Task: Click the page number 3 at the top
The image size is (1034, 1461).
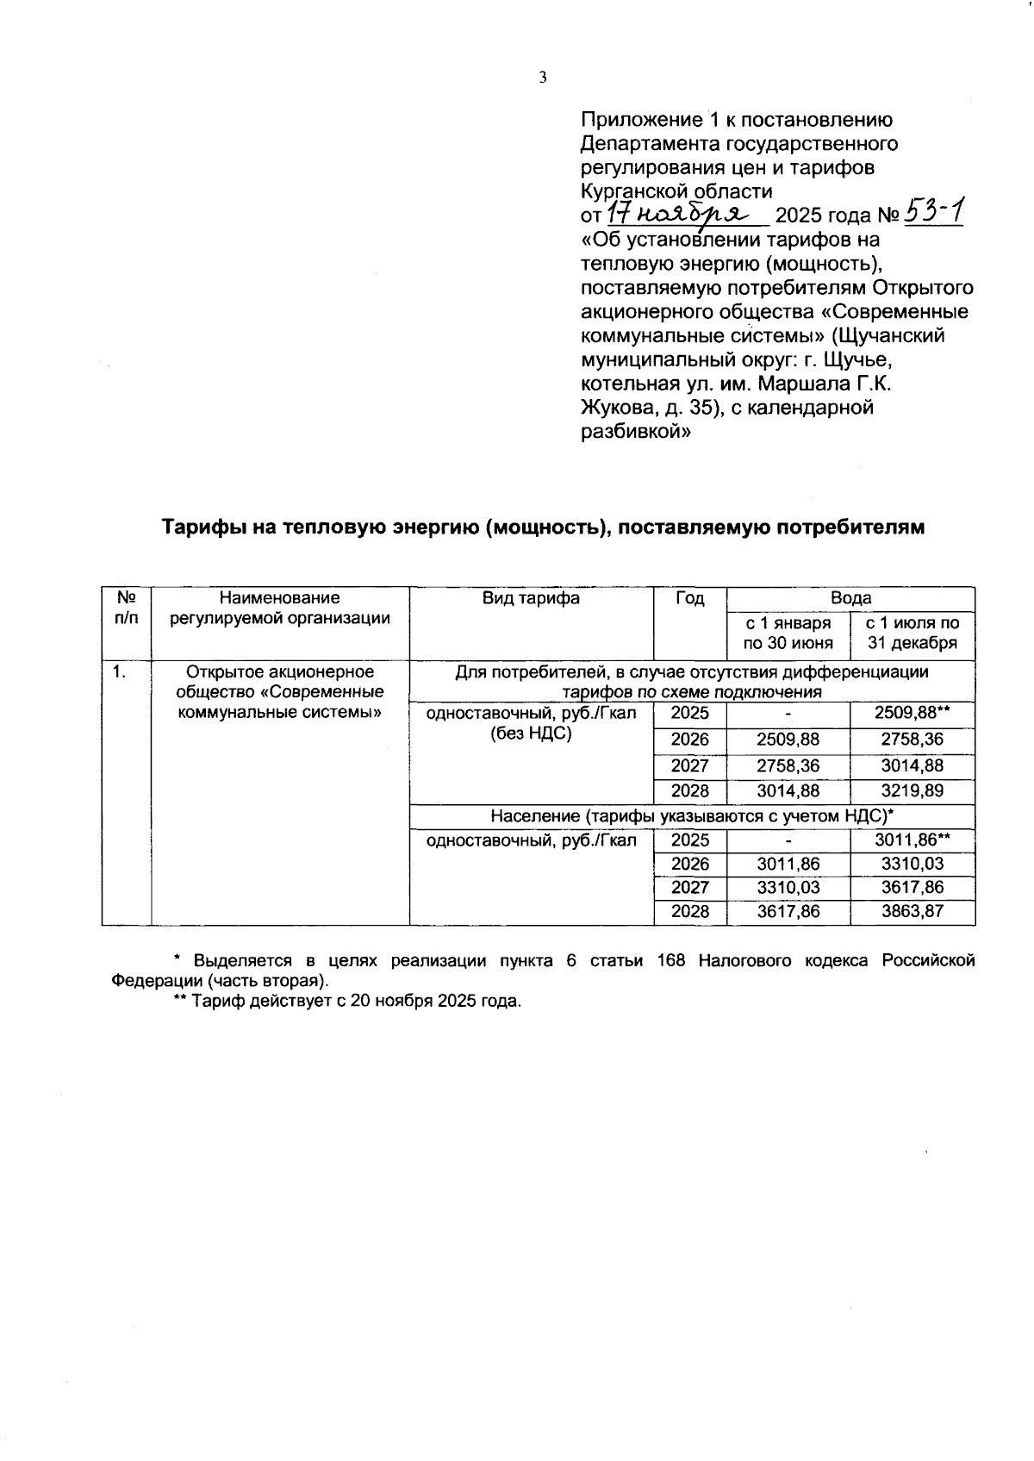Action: (x=543, y=78)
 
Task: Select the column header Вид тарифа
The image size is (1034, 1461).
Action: (x=531, y=598)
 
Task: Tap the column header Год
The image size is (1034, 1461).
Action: (x=690, y=598)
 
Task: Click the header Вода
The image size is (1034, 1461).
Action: (x=850, y=598)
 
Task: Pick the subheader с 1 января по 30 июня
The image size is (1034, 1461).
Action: (x=788, y=634)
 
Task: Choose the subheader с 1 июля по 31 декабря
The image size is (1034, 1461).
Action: (x=913, y=634)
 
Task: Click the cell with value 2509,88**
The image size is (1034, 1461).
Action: (x=913, y=713)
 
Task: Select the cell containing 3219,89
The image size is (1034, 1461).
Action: (x=913, y=790)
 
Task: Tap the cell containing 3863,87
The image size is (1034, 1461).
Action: (x=913, y=911)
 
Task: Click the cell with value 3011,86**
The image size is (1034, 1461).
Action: (x=913, y=840)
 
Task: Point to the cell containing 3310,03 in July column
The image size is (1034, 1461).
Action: (x=913, y=864)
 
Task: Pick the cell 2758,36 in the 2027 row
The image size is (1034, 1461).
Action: (x=788, y=765)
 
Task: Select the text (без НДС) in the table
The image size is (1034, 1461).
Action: (x=531, y=734)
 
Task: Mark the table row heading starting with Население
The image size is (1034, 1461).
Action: (x=692, y=816)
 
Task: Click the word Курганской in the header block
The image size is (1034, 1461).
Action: (x=636, y=190)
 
